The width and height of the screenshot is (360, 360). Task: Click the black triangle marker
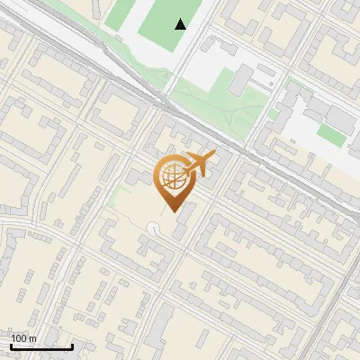[x=182, y=24]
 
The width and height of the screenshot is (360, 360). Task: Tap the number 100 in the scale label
[x=20, y=338]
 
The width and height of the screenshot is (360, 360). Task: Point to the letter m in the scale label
[x=33, y=338]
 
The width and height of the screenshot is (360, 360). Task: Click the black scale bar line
[x=41, y=346]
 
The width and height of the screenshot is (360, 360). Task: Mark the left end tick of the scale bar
[x=11, y=345]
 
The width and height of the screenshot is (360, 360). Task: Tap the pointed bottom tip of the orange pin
[x=171, y=212]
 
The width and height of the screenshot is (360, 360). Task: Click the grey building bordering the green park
[x=240, y=81]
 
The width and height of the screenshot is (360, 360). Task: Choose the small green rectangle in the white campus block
[x=329, y=135]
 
